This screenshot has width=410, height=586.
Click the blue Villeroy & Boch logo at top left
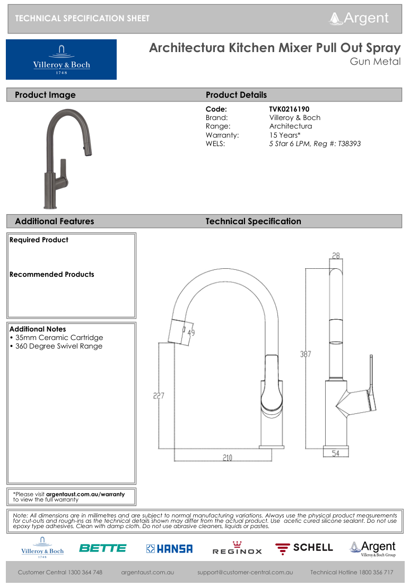pyautogui.click(x=61, y=60)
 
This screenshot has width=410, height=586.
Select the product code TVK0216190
pyautogui.click(x=289, y=109)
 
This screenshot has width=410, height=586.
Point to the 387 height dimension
pyautogui.click(x=306, y=354)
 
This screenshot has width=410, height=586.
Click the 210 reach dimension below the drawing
pyautogui.click(x=226, y=458)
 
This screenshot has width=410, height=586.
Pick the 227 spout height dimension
pyautogui.click(x=159, y=396)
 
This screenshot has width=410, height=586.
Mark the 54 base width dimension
pyautogui.click(x=336, y=453)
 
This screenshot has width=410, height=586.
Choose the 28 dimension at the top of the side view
pyautogui.click(x=336, y=256)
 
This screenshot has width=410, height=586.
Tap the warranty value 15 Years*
pyautogui.click(x=285, y=135)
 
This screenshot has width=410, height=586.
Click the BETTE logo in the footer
pyautogui.click(x=103, y=548)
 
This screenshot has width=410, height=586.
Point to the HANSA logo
pyautogui.click(x=169, y=549)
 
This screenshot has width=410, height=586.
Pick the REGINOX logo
pyautogui.click(x=237, y=549)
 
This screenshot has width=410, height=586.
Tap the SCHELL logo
pyautogui.click(x=304, y=548)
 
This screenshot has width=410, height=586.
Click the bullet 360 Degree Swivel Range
pyautogui.click(x=58, y=346)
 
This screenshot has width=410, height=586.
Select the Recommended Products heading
pyautogui.click(x=52, y=274)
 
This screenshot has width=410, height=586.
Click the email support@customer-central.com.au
pyautogui.click(x=245, y=572)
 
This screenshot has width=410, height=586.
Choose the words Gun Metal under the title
pyautogui.click(x=375, y=62)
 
